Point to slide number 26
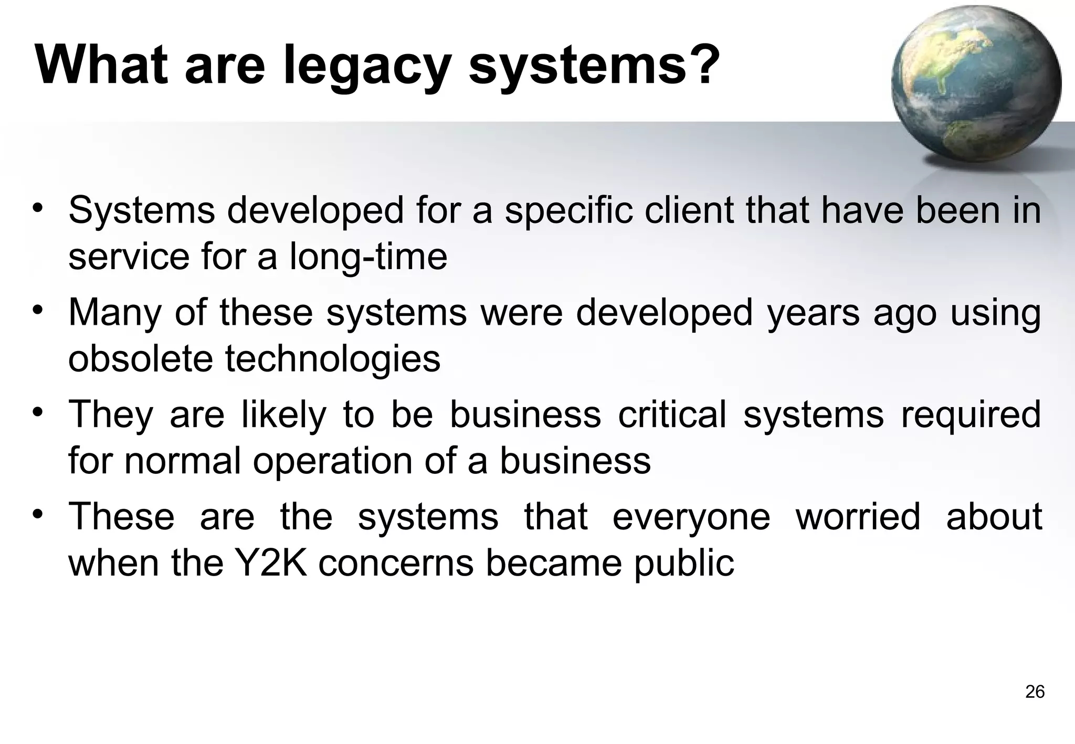pos(1035,692)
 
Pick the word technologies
pos(333,359)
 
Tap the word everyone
pos(691,517)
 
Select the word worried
pos(858,516)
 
